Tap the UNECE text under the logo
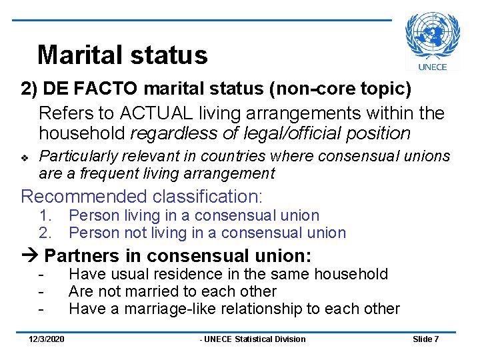(x=432, y=66)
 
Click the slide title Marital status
(x=123, y=55)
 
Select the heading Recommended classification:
(x=142, y=197)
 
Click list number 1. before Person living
(x=45, y=215)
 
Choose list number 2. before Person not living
(x=45, y=233)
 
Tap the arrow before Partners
(x=30, y=256)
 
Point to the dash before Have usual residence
(x=41, y=274)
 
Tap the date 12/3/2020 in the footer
(x=47, y=339)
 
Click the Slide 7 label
(x=425, y=339)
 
